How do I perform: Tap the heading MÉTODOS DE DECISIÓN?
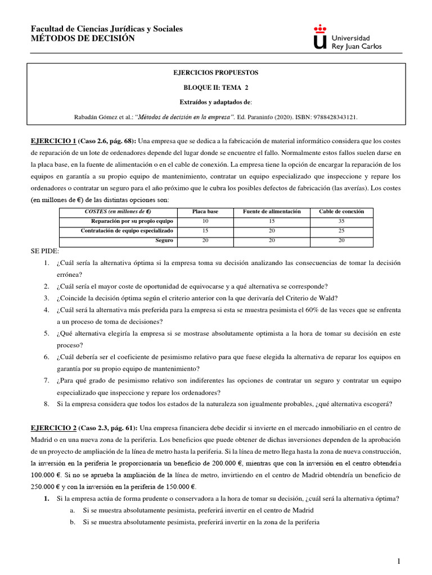tap(83, 38)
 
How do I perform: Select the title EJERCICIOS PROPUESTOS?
tap(215, 73)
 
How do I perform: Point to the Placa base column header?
tap(205, 212)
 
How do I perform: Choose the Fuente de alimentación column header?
tap(272, 212)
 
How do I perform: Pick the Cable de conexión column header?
tap(341, 212)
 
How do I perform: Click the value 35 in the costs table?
tap(341, 221)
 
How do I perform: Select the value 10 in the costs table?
tap(205, 221)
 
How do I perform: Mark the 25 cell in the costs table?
tap(341, 231)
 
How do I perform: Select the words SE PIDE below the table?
tap(44, 251)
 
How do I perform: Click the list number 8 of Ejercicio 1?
tap(46, 404)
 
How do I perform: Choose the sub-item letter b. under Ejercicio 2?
tap(73, 522)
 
